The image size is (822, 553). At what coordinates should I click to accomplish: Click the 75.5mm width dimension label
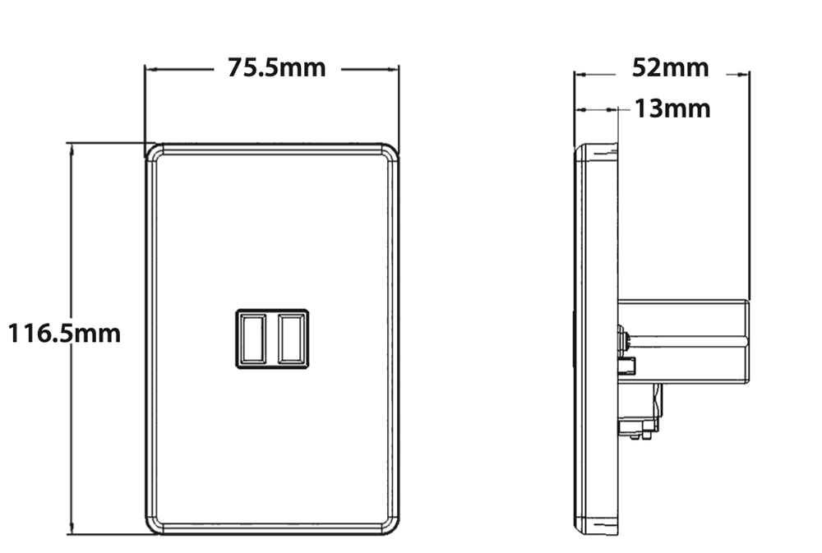pyautogui.click(x=276, y=68)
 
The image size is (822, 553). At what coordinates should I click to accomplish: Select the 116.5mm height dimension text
pyautogui.click(x=64, y=334)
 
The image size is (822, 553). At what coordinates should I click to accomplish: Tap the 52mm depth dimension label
pyautogui.click(x=670, y=67)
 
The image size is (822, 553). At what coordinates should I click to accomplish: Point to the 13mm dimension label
pyautogui.click(x=672, y=108)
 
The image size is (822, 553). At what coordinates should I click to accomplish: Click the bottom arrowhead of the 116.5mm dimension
pyautogui.click(x=72, y=530)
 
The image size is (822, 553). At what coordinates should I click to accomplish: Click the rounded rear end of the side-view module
pyautogui.click(x=746, y=342)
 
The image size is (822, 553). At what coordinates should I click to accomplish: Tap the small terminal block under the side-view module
pyautogui.click(x=645, y=412)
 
